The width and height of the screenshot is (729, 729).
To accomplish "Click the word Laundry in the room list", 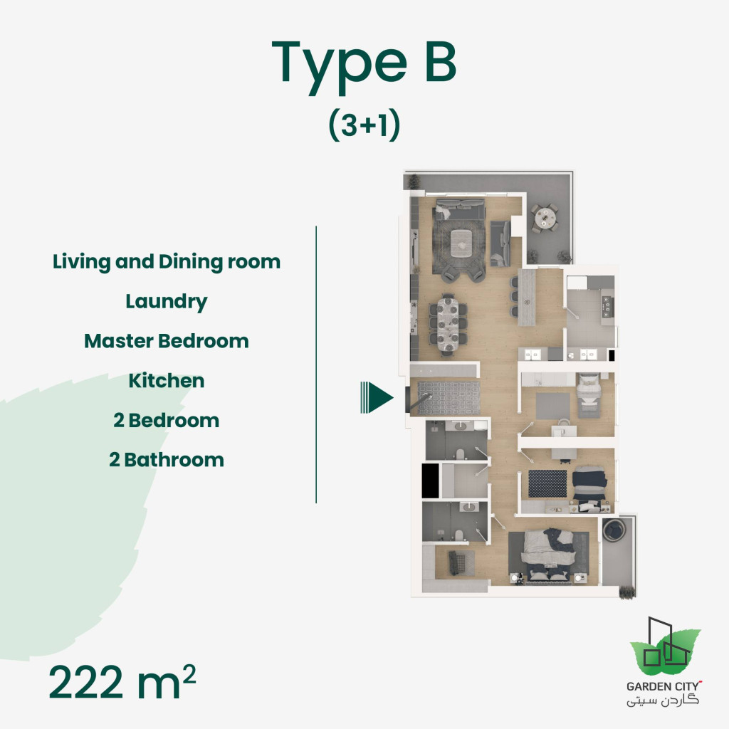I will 167,302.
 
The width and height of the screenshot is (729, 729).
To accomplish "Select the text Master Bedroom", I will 167,341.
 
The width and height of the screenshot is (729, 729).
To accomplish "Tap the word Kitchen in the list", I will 167,381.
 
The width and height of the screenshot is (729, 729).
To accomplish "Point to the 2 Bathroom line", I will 167,460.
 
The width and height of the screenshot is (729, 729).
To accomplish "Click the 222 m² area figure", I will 122,683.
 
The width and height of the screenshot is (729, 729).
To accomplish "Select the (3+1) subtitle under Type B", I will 364,125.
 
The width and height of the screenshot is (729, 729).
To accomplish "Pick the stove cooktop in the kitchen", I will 607,306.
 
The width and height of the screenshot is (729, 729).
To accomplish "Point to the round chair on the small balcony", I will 614,530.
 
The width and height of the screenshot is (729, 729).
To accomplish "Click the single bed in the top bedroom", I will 589,395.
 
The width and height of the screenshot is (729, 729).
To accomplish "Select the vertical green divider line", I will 316,364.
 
